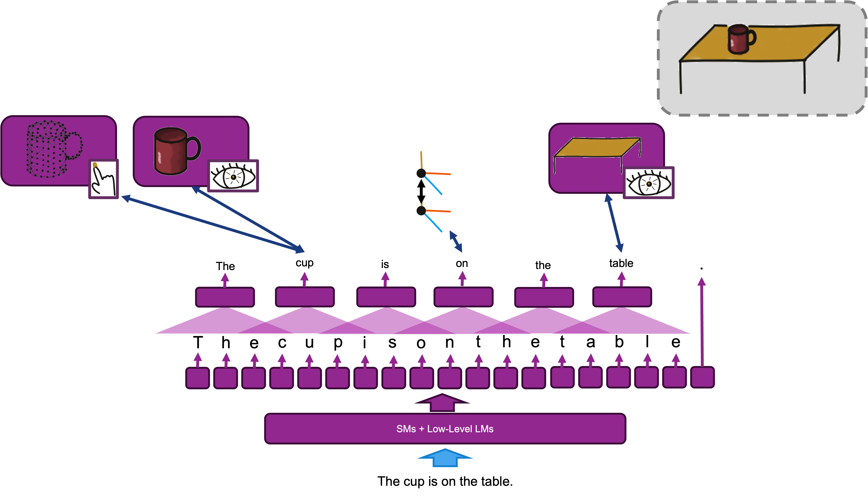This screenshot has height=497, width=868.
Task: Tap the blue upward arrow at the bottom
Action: coord(445,458)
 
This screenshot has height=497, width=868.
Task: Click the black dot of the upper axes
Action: coord(421,173)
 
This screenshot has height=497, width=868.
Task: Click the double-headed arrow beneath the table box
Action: coord(614,223)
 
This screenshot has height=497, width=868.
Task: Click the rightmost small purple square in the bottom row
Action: coord(702,377)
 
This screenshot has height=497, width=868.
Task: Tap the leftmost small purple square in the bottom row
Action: coord(197,377)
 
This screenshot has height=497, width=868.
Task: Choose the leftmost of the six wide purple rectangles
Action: coord(225,297)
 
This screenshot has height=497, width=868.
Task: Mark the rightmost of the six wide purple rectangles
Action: coord(622,297)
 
